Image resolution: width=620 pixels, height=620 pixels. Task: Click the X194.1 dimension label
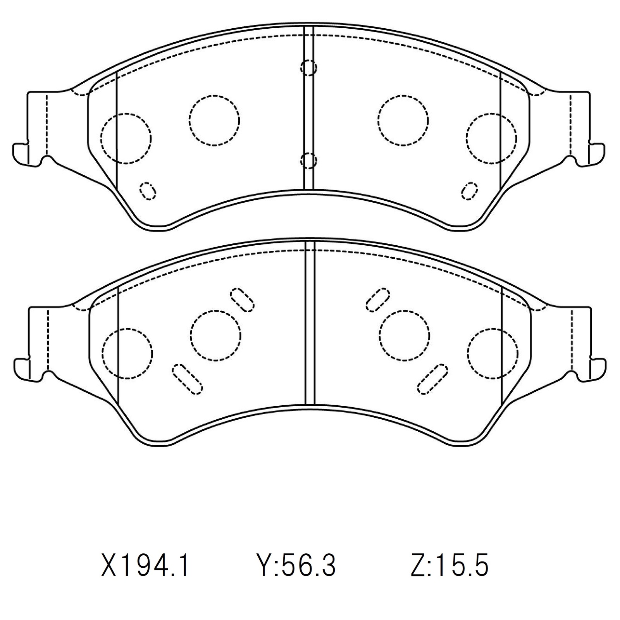[x=145, y=565]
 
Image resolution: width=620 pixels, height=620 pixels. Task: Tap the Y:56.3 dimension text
[x=296, y=565]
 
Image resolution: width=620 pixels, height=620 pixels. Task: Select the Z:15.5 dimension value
[x=449, y=565]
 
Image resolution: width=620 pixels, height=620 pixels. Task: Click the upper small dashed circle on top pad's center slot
[x=309, y=68]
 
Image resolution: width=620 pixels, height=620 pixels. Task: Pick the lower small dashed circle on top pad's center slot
[x=309, y=160]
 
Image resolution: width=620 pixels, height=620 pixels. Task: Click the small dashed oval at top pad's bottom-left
[x=148, y=191]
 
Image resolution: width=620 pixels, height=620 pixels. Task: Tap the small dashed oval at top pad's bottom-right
[x=470, y=191]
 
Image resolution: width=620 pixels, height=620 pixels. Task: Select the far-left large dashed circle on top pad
[x=126, y=138]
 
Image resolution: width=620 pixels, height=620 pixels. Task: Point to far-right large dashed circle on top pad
[x=491, y=138]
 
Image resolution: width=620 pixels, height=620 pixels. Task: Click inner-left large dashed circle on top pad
[x=214, y=121]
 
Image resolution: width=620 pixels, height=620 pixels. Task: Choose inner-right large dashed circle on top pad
[x=403, y=121]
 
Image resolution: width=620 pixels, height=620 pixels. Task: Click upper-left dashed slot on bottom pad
[x=242, y=300]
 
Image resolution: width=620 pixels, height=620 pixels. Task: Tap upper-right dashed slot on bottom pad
[x=377, y=299]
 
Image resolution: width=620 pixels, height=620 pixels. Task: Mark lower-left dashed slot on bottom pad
[x=188, y=379]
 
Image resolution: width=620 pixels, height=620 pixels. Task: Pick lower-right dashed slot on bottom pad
[x=433, y=379]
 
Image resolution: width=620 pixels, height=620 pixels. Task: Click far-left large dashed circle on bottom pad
[x=127, y=353]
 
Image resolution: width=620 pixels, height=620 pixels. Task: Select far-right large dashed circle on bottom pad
[x=493, y=353]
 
